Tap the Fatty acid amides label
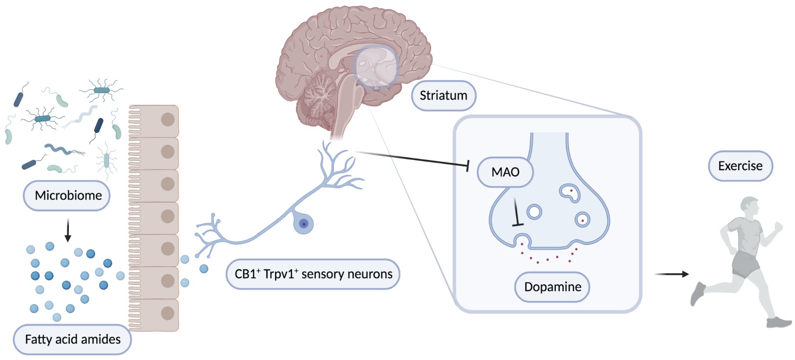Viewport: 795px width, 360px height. (72, 340)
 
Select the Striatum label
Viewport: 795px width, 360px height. (443, 95)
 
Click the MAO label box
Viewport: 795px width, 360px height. (505, 172)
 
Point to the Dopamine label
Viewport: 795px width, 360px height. (552, 287)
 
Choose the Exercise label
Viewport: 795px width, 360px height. (740, 166)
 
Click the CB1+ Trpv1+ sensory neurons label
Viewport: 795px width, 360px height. (313, 274)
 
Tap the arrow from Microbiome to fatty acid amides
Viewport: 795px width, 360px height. (68, 230)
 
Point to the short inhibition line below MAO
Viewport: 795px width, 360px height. (516, 213)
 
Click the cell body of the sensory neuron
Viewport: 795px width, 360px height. (303, 224)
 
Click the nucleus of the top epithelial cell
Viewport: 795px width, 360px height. (168, 119)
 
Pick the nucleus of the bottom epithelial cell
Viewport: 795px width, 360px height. (168, 313)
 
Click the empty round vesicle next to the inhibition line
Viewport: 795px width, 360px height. (534, 212)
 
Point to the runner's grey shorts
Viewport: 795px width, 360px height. (746, 264)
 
